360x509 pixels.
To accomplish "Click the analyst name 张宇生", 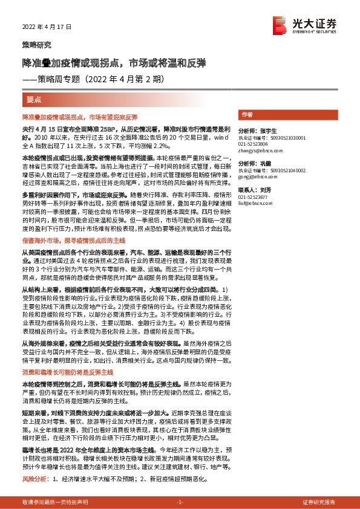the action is coord(269,131).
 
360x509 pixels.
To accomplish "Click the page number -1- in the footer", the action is coord(180,502).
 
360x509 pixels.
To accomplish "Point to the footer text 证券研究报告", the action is coord(319,502).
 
